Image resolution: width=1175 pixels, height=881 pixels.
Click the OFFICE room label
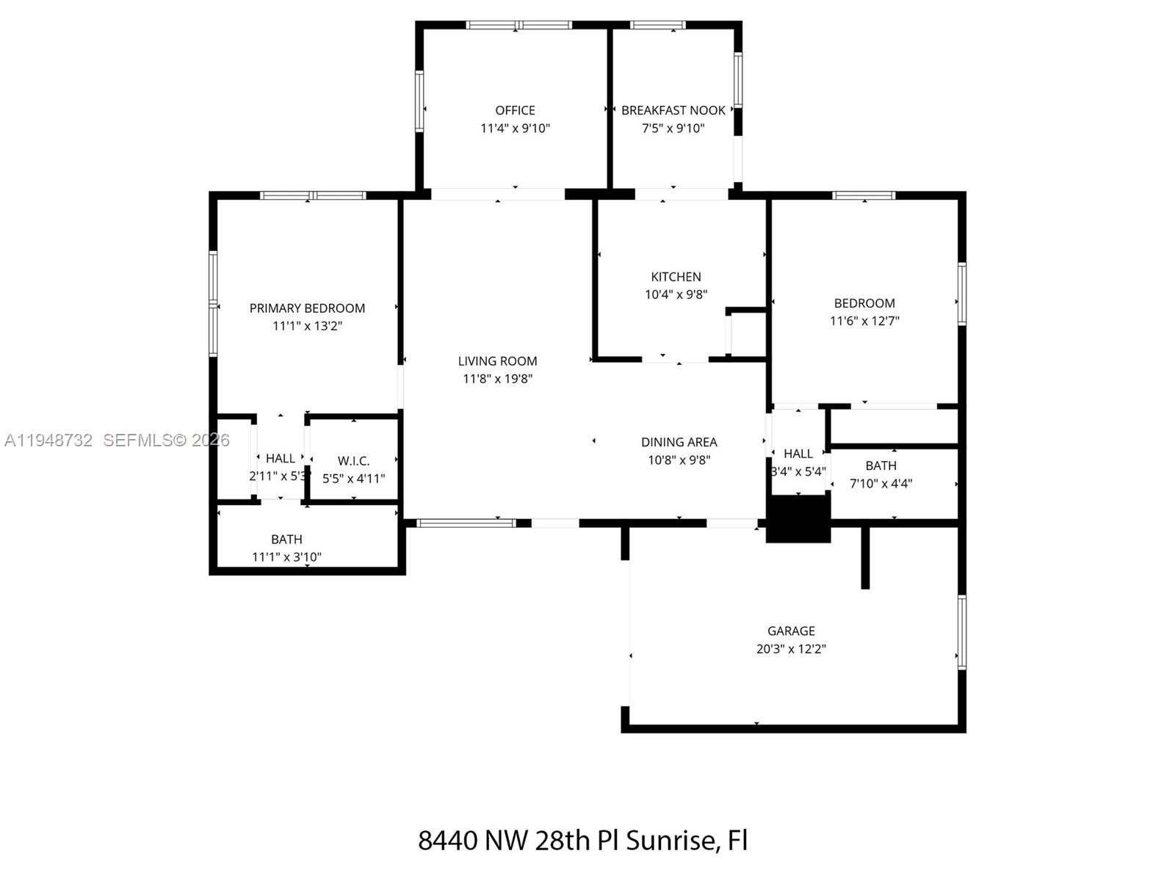pyautogui.click(x=515, y=110)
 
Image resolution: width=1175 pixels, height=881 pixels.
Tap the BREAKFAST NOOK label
pyautogui.click(x=673, y=110)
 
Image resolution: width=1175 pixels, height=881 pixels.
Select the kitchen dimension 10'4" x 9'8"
pyautogui.click(x=676, y=294)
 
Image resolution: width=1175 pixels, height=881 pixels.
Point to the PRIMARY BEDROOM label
pyautogui.click(x=307, y=308)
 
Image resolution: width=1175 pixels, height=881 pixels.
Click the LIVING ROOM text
pyautogui.click(x=497, y=361)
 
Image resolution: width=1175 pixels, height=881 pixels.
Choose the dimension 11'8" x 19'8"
pyautogui.click(x=497, y=379)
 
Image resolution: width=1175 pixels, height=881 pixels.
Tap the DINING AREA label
pyautogui.click(x=679, y=442)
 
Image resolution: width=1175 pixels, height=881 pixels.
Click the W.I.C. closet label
pyautogui.click(x=353, y=461)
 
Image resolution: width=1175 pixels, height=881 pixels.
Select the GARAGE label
pyautogui.click(x=791, y=631)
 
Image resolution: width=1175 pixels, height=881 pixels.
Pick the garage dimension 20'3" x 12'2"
pyautogui.click(x=791, y=649)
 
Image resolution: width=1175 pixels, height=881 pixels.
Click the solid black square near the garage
pyautogui.click(x=798, y=518)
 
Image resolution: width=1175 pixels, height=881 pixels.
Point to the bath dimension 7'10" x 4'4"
pyautogui.click(x=881, y=483)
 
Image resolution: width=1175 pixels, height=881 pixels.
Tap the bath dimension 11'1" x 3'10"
pyautogui.click(x=286, y=556)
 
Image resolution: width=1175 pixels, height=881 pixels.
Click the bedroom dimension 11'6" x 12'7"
pyautogui.click(x=864, y=321)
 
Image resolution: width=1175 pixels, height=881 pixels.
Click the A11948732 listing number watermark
pyautogui.click(x=48, y=440)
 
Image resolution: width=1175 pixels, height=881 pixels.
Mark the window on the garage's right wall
pyautogui.click(x=961, y=631)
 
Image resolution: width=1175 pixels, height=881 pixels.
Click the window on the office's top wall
pyautogui.click(x=519, y=25)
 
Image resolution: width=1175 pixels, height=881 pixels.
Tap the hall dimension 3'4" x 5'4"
pyautogui.click(x=798, y=471)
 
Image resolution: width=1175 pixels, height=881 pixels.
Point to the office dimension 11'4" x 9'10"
pyautogui.click(x=515, y=128)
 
